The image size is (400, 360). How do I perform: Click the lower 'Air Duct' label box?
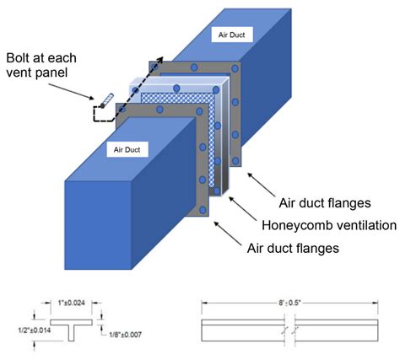tap(124, 148)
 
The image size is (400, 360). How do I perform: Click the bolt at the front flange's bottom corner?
tap(203, 204)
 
